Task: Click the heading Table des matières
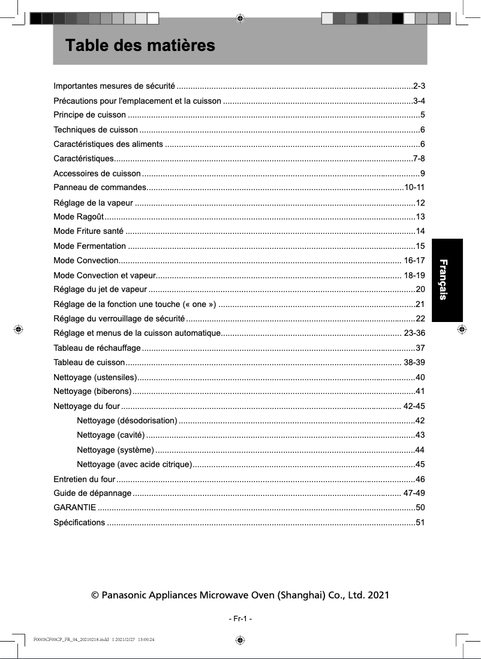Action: coord(140,46)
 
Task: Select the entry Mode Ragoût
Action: coord(79,216)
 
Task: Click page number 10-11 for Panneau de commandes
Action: coord(415,188)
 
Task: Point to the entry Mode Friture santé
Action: coord(88,231)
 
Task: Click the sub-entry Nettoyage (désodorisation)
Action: coord(127,420)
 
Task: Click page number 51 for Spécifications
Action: coord(420,522)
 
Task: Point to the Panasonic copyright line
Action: coord(240,595)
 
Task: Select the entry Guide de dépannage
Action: coord(92,494)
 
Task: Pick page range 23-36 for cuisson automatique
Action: coord(414,333)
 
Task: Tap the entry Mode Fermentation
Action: coord(89,246)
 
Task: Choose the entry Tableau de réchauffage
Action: coord(97,348)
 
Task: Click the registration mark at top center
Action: coord(240,18)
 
